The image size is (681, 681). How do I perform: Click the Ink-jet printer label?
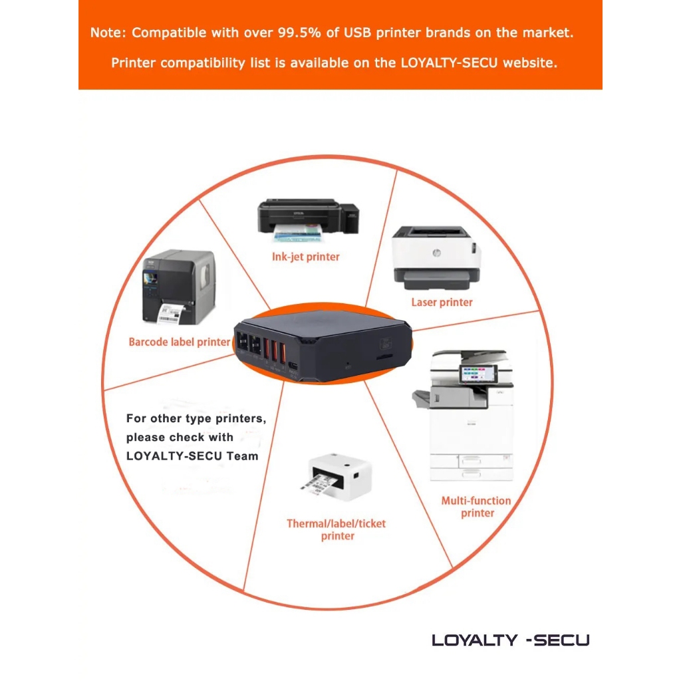[x=305, y=257]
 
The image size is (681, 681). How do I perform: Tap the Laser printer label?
[x=442, y=303]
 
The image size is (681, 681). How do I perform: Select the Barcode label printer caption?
[x=179, y=342]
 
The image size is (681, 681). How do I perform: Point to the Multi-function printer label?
[x=476, y=507]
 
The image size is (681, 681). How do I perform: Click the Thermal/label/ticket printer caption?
[x=336, y=529]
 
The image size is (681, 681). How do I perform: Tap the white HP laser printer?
[x=436, y=257]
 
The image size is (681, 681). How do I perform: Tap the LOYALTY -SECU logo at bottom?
[x=511, y=640]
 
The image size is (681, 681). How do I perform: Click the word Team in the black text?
[x=241, y=456]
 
